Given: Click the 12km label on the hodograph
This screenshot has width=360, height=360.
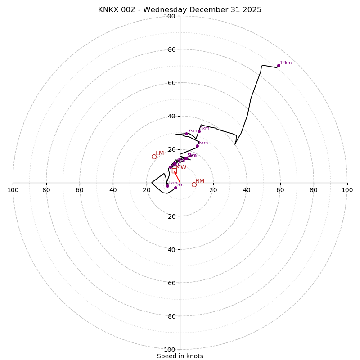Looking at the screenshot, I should click(286, 63).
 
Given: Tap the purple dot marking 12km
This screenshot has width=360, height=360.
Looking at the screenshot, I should click(279, 65).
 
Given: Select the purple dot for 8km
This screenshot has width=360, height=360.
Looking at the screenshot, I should click(199, 131).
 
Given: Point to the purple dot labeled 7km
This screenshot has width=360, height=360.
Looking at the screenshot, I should click(186, 134).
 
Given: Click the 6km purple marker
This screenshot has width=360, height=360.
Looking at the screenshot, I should click(197, 146).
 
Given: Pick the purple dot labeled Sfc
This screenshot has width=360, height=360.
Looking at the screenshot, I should click(175, 188).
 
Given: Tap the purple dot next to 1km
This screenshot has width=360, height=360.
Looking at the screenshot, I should click(167, 186).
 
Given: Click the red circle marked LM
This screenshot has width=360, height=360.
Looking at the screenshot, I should click(154, 157).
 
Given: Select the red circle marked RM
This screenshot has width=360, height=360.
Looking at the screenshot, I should click(194, 184).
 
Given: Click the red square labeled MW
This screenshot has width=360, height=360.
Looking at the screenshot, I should click(174, 171).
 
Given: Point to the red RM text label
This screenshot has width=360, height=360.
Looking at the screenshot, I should click(200, 181).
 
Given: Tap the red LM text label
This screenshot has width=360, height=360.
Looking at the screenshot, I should click(160, 153).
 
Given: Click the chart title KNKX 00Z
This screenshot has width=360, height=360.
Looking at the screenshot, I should click(180, 10).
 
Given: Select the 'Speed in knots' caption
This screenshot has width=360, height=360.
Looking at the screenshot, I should click(180, 356).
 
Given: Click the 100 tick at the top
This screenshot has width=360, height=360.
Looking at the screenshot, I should click(170, 16).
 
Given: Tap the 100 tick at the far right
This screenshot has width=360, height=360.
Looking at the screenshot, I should click(347, 190).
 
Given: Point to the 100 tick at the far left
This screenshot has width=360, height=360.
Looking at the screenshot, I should click(13, 190).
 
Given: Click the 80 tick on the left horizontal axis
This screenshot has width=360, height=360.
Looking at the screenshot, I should click(46, 190).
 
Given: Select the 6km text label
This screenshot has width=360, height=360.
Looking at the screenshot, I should click(203, 143).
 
